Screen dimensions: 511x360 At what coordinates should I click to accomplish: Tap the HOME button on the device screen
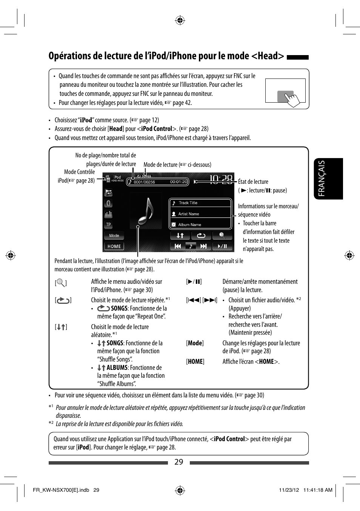tap(114, 246)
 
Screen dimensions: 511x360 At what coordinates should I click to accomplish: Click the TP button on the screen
tap(108, 225)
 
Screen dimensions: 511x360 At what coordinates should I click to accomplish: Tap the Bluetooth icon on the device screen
tap(108, 203)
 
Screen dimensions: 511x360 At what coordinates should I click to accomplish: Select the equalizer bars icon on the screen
tap(108, 214)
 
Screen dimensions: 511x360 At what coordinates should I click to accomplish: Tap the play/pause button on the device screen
tap(222, 246)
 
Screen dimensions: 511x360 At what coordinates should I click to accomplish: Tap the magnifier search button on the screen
tap(222, 235)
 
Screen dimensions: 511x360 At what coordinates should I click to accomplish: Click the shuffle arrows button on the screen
tap(180, 235)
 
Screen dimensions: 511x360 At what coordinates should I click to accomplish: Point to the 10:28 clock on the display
tap(221, 180)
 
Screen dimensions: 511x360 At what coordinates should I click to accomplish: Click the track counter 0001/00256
tap(144, 182)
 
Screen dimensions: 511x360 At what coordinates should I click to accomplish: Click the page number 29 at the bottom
tap(179, 462)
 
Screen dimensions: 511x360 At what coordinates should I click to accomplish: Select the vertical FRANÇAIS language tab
tap(322, 178)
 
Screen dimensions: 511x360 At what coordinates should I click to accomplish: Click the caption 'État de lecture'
tap(253, 182)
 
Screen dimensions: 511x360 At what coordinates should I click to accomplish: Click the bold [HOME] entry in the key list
tap(195, 362)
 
